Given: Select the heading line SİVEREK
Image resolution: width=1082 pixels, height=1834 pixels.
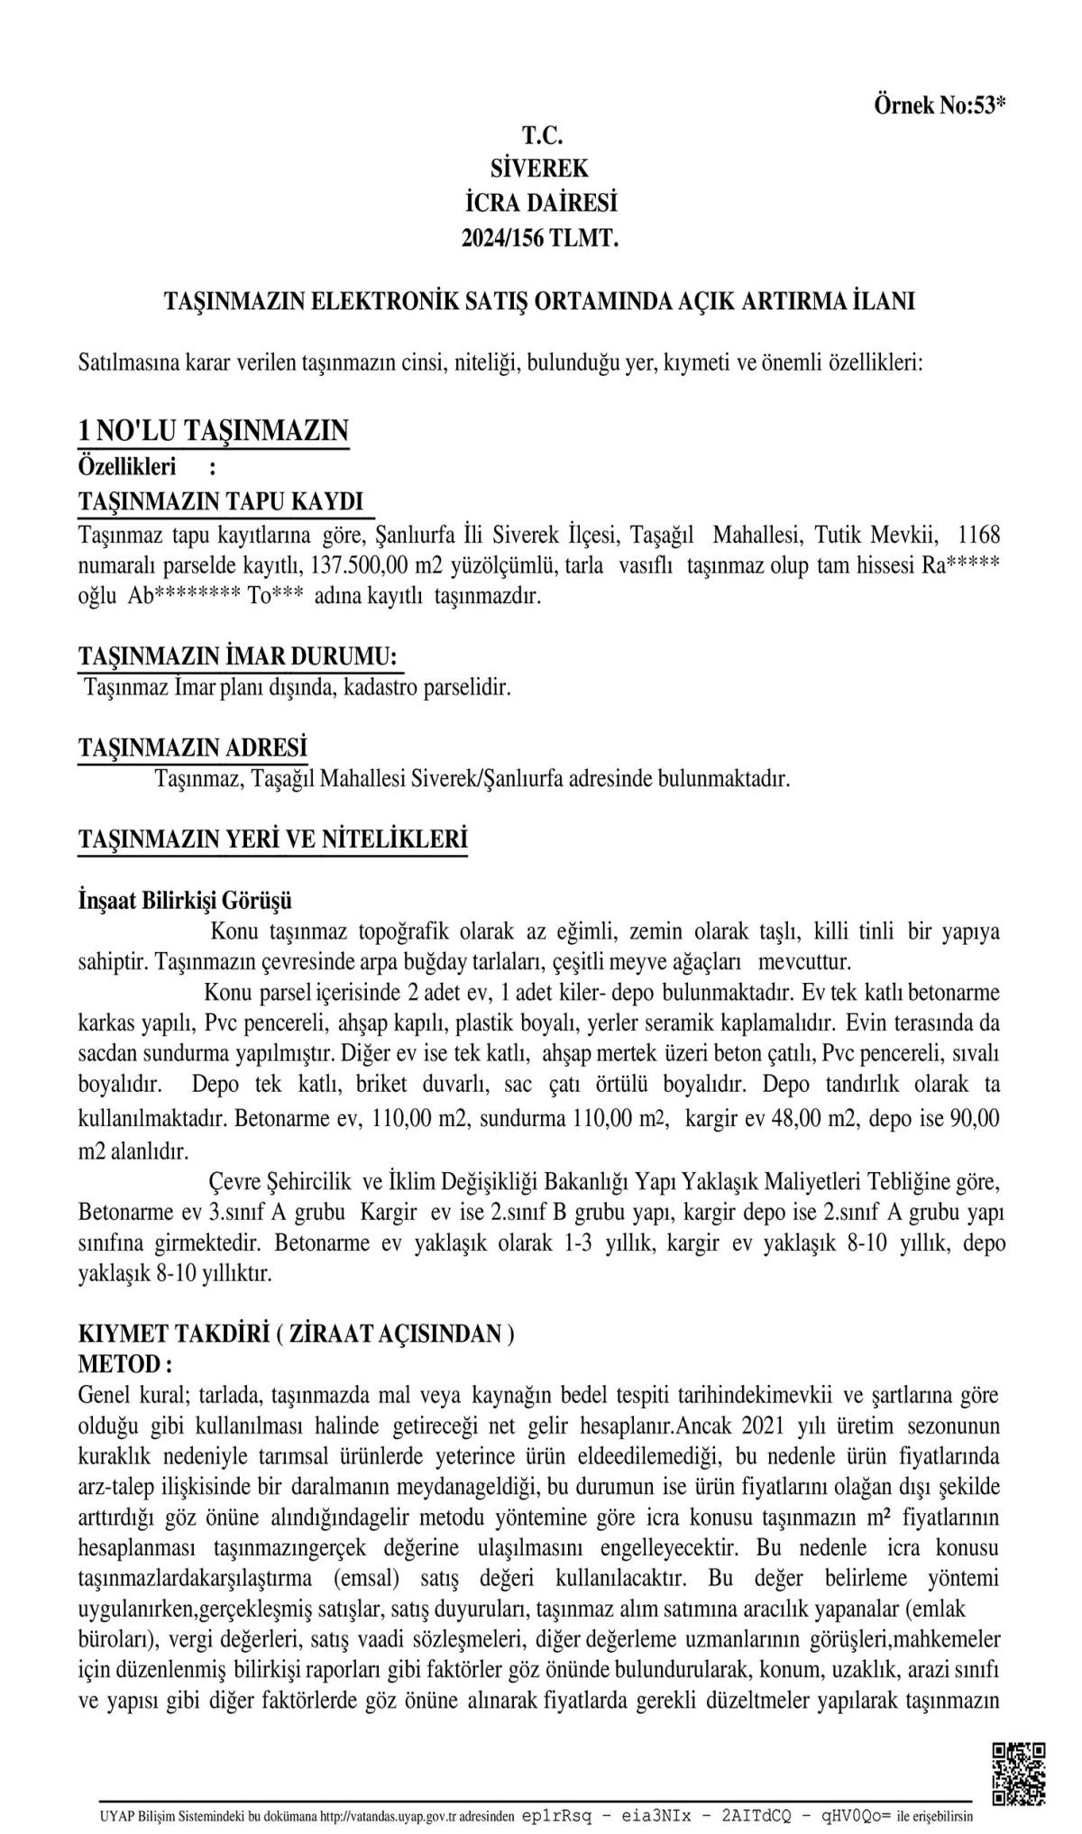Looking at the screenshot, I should tap(539, 169).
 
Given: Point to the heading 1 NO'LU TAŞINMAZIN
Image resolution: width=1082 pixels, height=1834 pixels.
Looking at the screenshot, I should tap(214, 431).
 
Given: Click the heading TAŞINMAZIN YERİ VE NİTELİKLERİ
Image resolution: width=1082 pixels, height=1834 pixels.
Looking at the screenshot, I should tap(273, 839).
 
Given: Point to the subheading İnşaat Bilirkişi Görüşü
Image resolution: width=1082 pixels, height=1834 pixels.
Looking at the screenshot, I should tap(185, 900).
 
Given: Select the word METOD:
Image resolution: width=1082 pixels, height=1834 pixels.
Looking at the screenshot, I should tap(125, 1362).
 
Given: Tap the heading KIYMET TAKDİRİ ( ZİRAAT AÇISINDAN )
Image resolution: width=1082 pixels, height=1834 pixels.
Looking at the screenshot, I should tap(297, 1334).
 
